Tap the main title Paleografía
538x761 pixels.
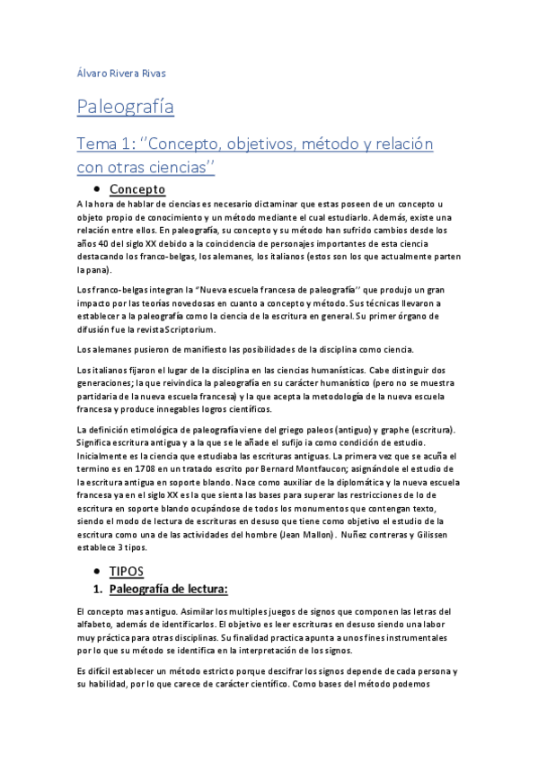point(125,109)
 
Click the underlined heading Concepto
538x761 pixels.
point(137,189)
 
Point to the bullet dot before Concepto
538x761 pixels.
point(96,189)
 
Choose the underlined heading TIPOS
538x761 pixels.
point(127,571)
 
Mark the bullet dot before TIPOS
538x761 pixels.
point(96,571)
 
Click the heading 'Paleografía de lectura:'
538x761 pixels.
point(169,590)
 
